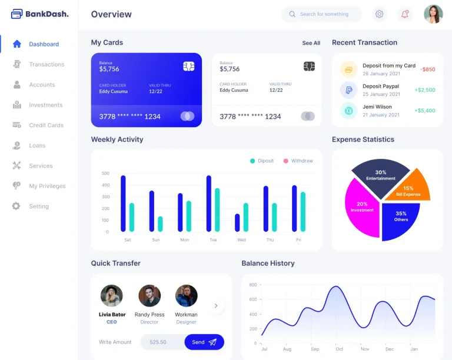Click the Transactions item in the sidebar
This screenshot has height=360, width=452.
[46, 65]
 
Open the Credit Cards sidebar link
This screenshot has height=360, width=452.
[46, 125]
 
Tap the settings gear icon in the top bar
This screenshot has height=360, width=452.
[380, 14]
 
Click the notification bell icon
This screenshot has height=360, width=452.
[405, 14]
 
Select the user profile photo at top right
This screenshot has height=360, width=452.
[433, 14]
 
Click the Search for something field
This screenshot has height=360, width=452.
[324, 14]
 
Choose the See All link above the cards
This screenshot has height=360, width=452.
[311, 43]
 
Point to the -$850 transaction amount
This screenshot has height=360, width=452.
[428, 69]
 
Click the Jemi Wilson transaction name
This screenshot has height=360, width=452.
[377, 107]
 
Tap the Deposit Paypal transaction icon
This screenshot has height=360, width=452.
[349, 90]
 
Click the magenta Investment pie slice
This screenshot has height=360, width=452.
[361, 207]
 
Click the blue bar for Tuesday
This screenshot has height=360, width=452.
[209, 203]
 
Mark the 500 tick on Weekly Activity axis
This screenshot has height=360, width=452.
[105, 174]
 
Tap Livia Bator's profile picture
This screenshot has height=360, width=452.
[112, 296]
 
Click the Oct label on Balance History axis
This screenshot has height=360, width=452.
[338, 349]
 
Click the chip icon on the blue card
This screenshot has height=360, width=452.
[189, 66]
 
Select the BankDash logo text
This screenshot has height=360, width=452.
[46, 14]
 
